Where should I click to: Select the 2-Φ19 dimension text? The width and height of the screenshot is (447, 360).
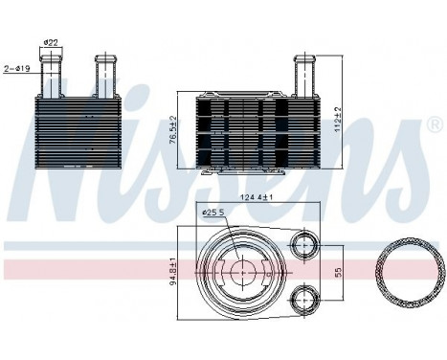pyautogui.click(x=18, y=68)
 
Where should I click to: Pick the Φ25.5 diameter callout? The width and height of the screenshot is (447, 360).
pyautogui.click(x=213, y=213)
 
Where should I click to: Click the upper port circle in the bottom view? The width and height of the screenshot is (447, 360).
pyautogui.click(x=307, y=243)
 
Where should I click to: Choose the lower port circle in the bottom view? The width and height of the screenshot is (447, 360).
pyautogui.click(x=307, y=299)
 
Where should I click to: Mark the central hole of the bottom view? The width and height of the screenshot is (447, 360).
pyautogui.click(x=241, y=271)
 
